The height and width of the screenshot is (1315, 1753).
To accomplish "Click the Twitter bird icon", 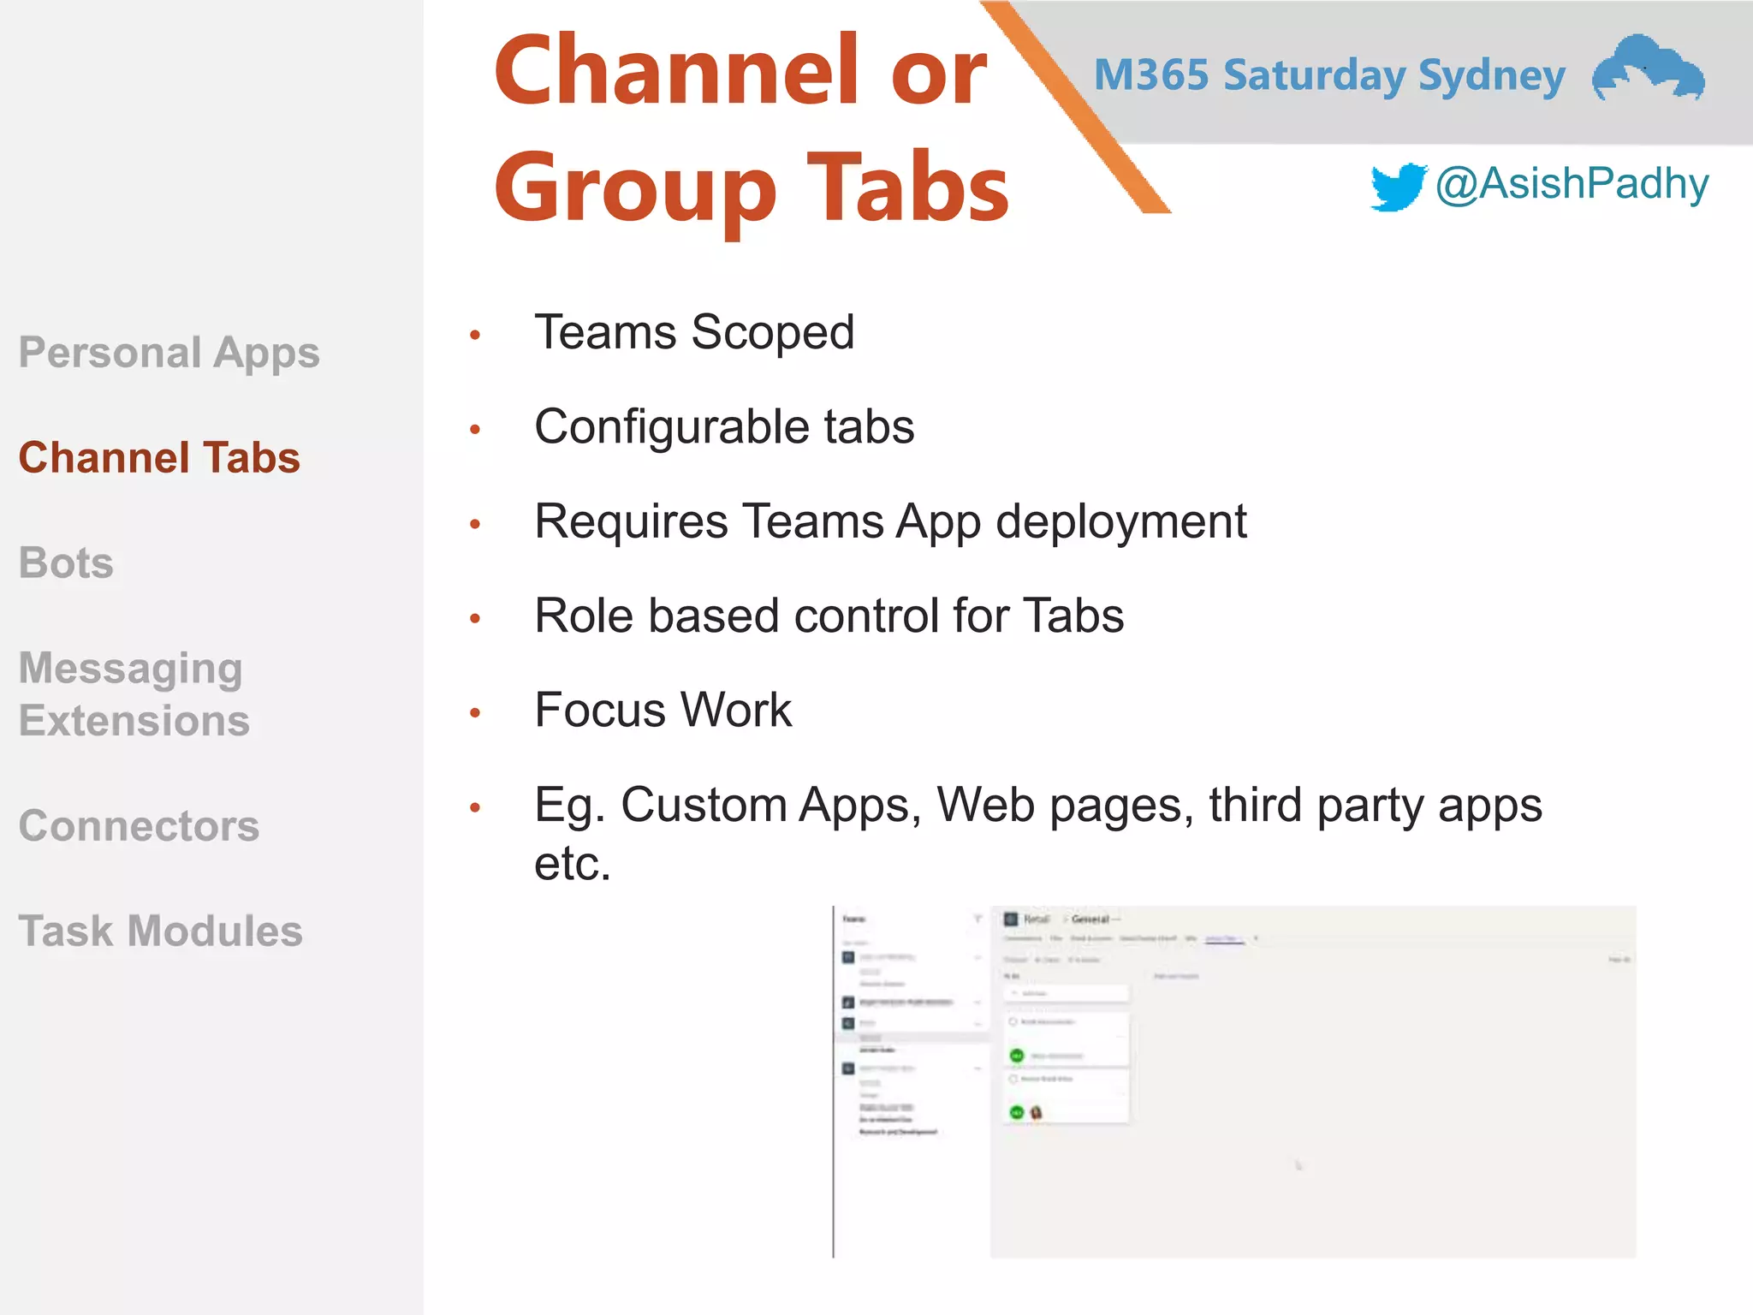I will click(1398, 186).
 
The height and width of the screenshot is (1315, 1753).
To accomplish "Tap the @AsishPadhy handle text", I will click(1572, 183).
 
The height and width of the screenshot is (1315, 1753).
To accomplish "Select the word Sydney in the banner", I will click(1492, 76).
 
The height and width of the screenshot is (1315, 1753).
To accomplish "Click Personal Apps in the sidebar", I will click(169, 353).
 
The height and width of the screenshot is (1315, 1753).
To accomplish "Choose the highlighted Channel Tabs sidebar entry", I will click(159, 457).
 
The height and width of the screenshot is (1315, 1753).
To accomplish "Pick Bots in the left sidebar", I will click(67, 563).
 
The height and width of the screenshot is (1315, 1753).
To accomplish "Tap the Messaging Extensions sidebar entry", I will click(134, 694).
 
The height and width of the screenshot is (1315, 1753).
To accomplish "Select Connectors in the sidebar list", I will click(139, 826).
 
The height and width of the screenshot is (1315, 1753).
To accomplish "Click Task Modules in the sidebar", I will click(161, 931).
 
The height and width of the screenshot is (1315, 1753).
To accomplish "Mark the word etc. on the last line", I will click(573, 863).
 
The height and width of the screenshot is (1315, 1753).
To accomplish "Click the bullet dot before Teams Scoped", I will click(475, 335).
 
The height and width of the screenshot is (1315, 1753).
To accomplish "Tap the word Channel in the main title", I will click(677, 72).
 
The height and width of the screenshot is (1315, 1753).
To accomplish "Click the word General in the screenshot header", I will click(1090, 919).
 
